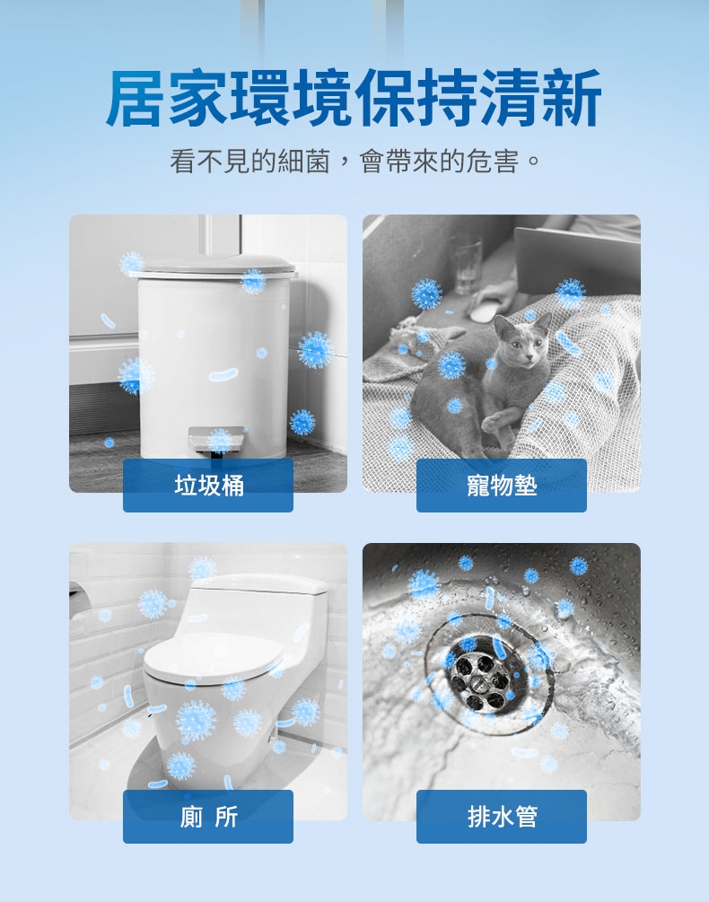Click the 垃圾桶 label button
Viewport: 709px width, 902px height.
208,485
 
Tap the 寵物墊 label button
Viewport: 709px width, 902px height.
502,485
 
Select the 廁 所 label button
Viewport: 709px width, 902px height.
208,816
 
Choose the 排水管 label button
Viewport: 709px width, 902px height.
502,816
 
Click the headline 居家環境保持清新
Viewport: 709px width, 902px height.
354,98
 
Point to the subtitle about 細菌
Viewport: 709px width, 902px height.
354,161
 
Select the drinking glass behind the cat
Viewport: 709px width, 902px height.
465,264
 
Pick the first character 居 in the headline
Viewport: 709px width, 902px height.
136,98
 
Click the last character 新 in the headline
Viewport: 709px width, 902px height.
572,98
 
